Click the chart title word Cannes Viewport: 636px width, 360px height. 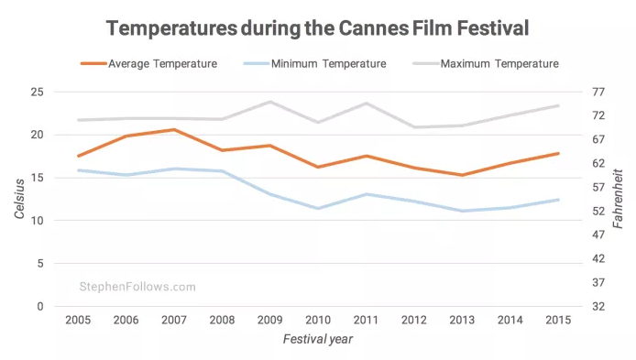click(x=373, y=28)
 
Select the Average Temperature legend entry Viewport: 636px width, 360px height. click(x=148, y=63)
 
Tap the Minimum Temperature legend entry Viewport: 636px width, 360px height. click(x=314, y=63)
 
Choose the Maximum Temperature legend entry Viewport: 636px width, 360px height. click(x=486, y=63)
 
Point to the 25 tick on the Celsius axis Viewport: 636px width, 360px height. click(x=37, y=92)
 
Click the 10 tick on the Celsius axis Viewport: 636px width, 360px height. click(x=37, y=221)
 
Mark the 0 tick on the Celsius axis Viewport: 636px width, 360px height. click(x=40, y=307)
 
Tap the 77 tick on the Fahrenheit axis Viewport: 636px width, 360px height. click(x=598, y=92)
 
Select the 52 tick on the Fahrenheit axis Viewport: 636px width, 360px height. click(x=598, y=212)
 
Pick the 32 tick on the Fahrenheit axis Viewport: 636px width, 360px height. click(x=598, y=307)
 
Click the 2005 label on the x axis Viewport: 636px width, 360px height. click(x=78, y=321)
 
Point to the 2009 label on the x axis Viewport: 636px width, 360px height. click(x=269, y=321)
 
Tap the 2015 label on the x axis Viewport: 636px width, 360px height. click(x=558, y=321)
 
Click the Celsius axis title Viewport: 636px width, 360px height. click(x=19, y=199)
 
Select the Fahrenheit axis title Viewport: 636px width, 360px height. click(x=618, y=199)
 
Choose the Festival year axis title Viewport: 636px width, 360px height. click(x=318, y=339)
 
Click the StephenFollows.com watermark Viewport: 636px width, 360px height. click(x=137, y=287)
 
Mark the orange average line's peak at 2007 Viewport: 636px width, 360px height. click(x=174, y=130)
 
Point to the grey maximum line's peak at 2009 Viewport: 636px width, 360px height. click(x=269, y=102)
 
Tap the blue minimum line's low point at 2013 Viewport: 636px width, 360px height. click(x=462, y=211)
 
